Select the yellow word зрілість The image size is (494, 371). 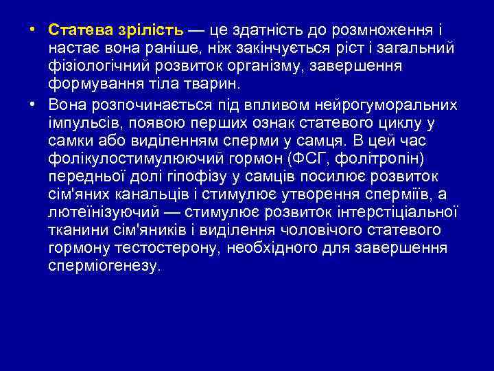coord(150,30)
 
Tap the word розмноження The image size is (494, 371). coord(383,30)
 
